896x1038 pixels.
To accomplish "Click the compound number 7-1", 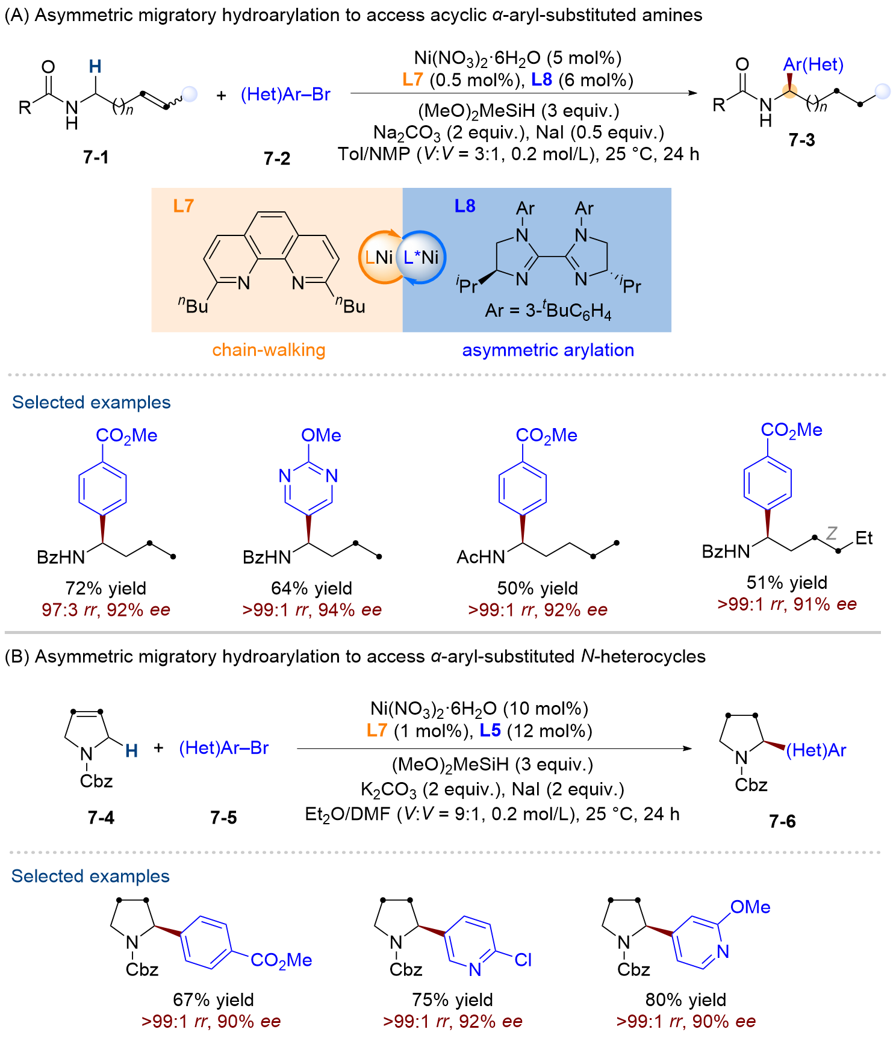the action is tap(96, 158).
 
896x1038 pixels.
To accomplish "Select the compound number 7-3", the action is tap(801, 140).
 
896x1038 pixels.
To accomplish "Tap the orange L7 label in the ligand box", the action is tap(183, 207).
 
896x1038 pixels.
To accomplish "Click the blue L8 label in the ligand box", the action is tap(465, 207).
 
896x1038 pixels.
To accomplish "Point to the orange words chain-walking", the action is tap(269, 350).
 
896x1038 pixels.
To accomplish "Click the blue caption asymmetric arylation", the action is tap(548, 350).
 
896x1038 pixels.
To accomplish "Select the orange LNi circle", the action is tap(379, 257).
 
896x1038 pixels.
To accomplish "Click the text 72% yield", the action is tap(106, 588).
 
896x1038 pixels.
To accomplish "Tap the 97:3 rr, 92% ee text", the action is tap(106, 610).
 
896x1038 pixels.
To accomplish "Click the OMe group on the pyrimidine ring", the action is tap(321, 435).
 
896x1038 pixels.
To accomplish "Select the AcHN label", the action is tap(481, 557).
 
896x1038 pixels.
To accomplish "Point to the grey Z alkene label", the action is tap(832, 533).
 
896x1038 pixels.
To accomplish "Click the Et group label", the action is tap(864, 538).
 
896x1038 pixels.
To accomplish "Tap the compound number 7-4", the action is tap(101, 818).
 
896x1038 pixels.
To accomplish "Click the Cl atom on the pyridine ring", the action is tap(523, 960).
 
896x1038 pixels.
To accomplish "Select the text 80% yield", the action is tap(685, 1000).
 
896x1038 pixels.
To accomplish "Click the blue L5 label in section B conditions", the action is tap(490, 731).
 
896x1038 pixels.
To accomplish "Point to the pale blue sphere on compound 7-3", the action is tap(883, 91).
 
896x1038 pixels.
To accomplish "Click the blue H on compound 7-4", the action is tap(131, 751).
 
